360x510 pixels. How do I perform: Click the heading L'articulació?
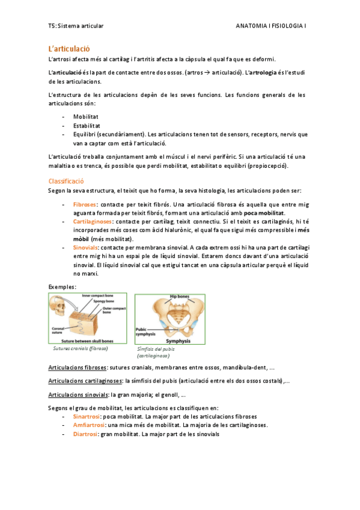(69, 48)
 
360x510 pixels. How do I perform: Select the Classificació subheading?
(66, 181)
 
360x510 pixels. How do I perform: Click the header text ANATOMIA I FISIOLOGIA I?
(271, 26)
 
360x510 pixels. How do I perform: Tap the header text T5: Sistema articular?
(76, 26)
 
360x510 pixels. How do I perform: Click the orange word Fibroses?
(85, 205)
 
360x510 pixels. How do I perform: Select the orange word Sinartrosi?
(88, 416)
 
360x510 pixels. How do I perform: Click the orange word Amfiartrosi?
(90, 425)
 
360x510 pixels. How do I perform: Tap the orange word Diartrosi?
(86, 433)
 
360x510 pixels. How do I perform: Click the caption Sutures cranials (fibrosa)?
(80, 348)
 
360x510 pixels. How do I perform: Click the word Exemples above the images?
(61, 287)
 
